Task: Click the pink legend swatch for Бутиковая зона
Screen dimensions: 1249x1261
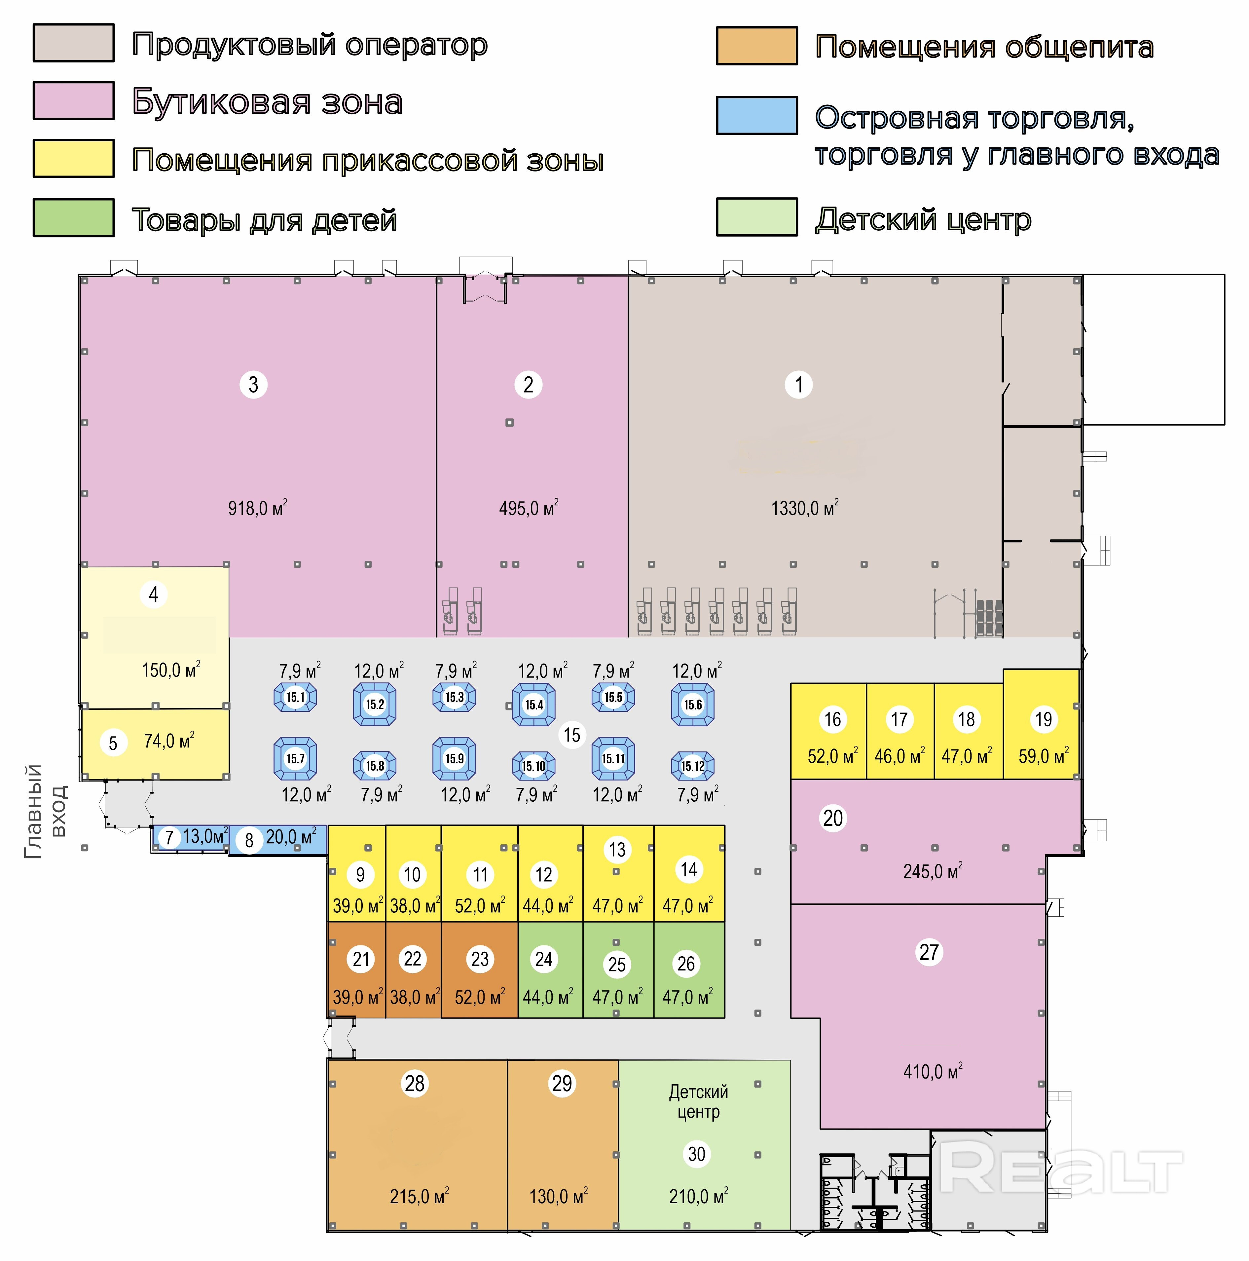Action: tap(74, 100)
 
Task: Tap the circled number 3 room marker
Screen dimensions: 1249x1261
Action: tap(253, 384)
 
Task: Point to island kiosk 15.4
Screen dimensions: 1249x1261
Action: tap(534, 704)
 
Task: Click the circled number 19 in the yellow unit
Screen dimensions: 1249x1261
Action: tap(1044, 719)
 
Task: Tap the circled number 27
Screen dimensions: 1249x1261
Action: tap(929, 952)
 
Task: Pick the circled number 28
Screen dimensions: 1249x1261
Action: tap(414, 1084)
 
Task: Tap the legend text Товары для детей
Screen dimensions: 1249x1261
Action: tap(264, 220)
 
